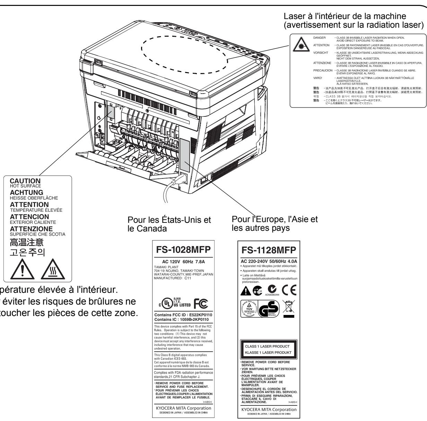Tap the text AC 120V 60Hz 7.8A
point(181,261)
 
